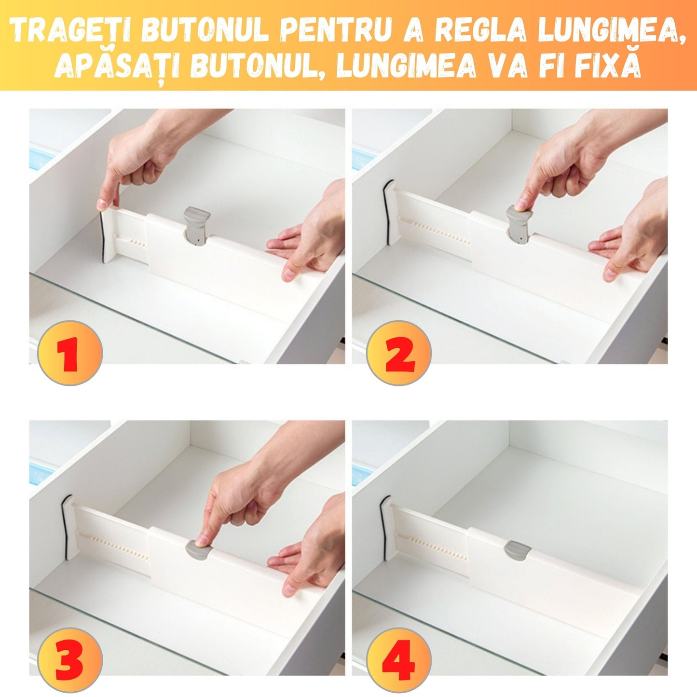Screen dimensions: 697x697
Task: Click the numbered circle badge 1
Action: click(x=70, y=353)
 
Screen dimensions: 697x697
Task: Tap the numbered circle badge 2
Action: click(x=398, y=353)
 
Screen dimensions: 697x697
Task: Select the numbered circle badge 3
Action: click(x=70, y=660)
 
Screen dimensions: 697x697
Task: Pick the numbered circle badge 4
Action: click(x=398, y=660)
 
